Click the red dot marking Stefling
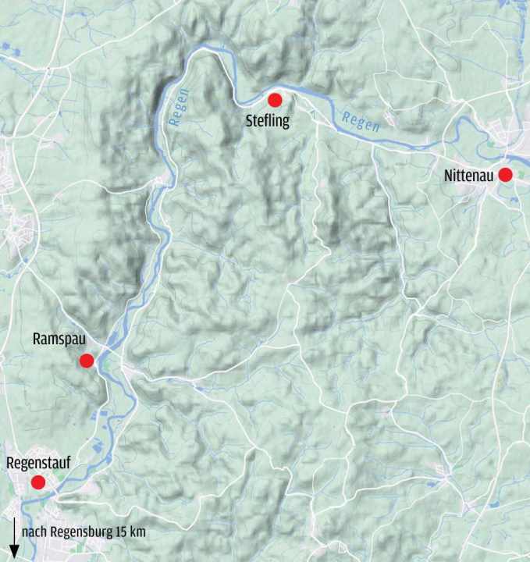click(x=275, y=100)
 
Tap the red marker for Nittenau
click(x=505, y=175)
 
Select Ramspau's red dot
click(x=87, y=360)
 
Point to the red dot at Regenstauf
click(x=37, y=482)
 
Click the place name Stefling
click(x=268, y=121)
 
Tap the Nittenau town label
click(x=468, y=176)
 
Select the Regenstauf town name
click(x=38, y=463)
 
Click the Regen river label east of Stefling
click(x=361, y=122)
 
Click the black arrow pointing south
click(x=14, y=534)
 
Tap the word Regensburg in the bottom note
click(x=76, y=532)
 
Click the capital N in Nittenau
click(x=448, y=176)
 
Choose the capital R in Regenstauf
click(x=10, y=463)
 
